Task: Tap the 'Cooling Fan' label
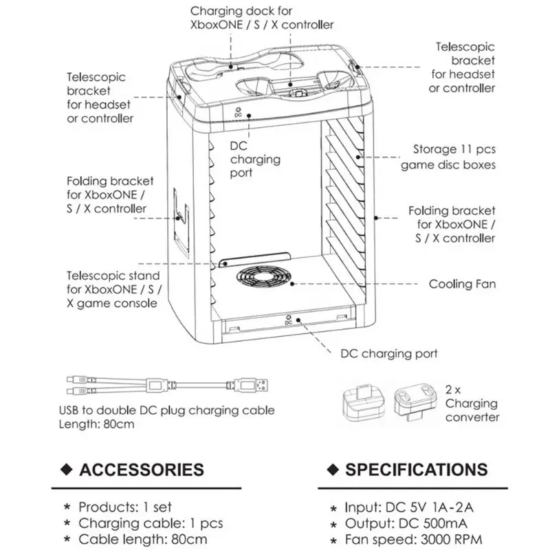coord(462,284)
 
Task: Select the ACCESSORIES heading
coord(142,470)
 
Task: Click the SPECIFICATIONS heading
coord(416,470)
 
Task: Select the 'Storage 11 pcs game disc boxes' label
coord(454,157)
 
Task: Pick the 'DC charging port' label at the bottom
coord(389,354)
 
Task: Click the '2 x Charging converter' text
coord(472,404)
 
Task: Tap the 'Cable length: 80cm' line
coord(143,540)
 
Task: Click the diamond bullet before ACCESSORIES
coord(67,470)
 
